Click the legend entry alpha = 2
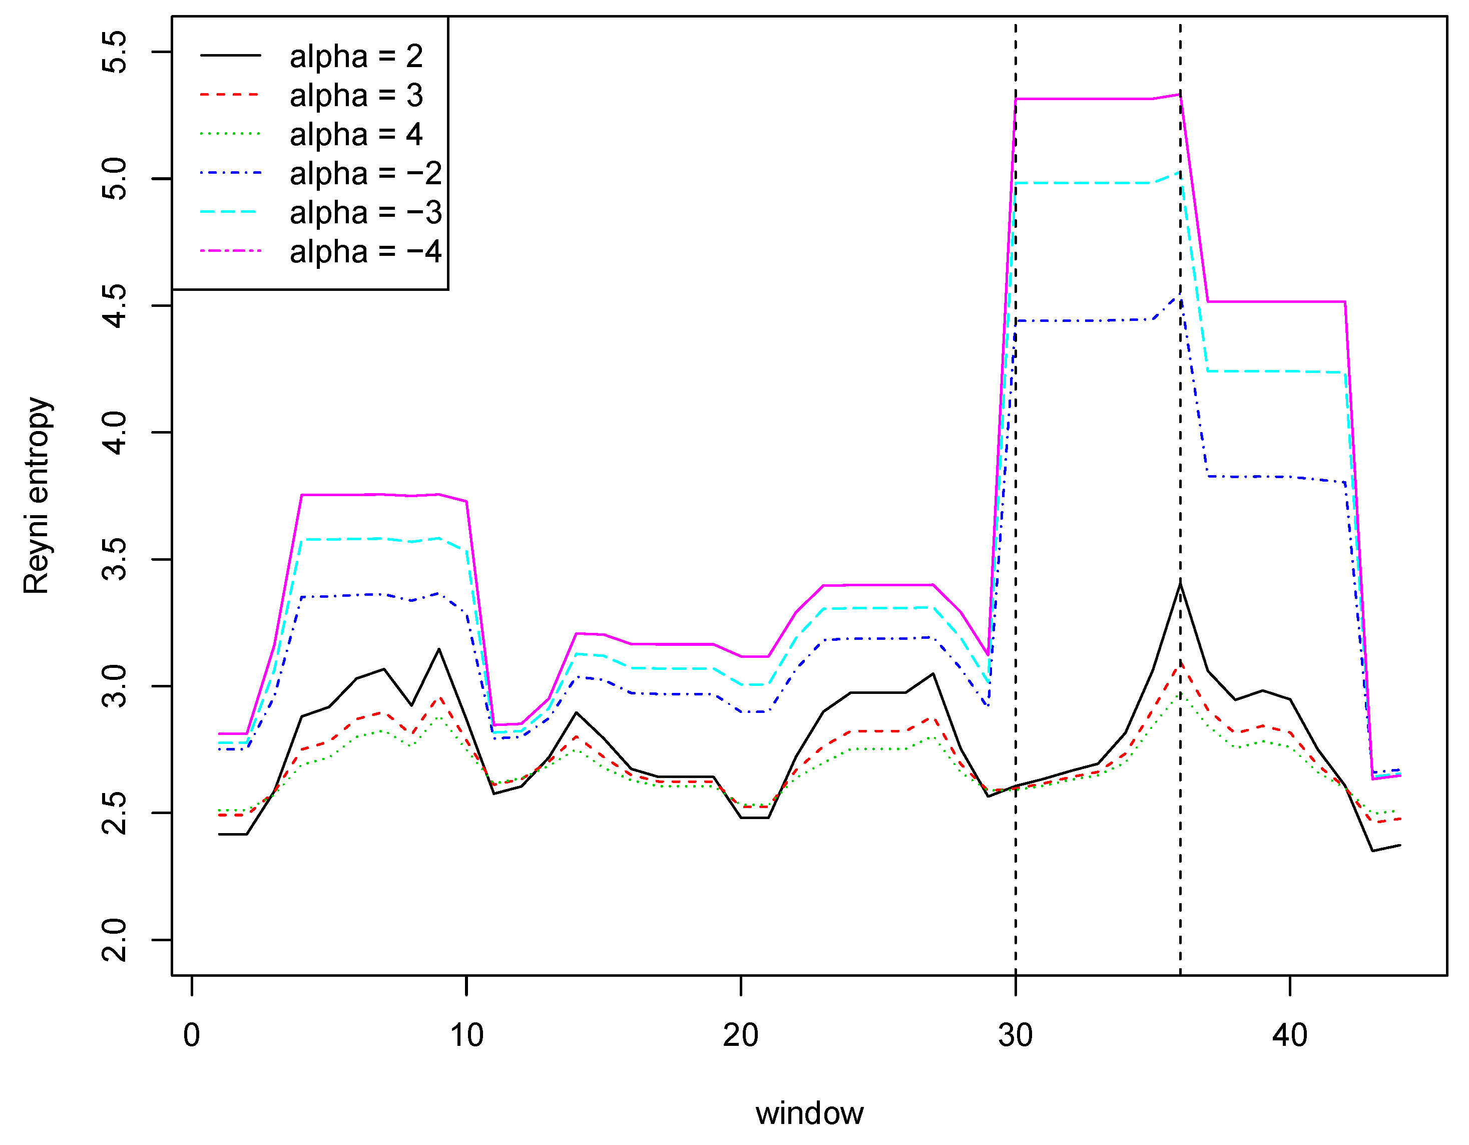point(356,56)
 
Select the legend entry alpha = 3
point(356,95)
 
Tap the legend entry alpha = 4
point(356,134)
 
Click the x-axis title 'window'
point(809,1113)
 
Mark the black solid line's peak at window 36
point(1180,583)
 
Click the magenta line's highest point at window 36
point(1180,94)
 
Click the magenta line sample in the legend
point(231,251)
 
